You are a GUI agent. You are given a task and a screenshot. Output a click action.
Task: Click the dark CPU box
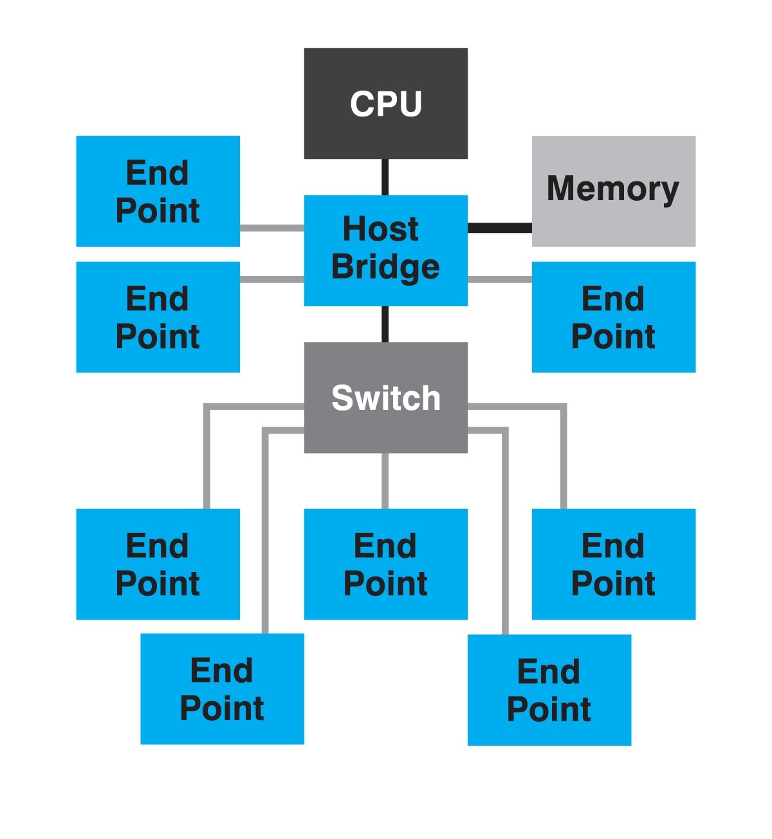(385, 103)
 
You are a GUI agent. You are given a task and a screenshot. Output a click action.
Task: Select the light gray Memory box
(613, 190)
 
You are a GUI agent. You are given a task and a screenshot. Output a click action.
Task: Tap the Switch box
(385, 398)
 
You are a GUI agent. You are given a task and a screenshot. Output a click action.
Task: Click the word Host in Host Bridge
(380, 229)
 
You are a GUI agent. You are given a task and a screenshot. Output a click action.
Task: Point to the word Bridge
(385, 267)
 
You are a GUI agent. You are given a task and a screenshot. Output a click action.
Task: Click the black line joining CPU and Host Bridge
(385, 177)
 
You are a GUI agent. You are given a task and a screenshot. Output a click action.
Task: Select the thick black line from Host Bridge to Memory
(499, 228)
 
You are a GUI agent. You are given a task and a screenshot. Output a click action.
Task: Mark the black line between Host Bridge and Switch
(385, 324)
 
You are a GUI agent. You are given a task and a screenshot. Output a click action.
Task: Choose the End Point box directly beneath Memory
(613, 317)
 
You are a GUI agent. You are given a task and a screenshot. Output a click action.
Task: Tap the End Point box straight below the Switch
(385, 564)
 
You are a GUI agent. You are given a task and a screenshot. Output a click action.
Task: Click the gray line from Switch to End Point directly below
(385, 481)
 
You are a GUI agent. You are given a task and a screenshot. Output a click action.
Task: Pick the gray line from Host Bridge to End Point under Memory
(499, 279)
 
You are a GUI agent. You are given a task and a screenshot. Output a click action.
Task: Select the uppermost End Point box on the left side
(158, 191)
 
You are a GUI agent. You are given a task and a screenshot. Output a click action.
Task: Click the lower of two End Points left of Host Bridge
(158, 317)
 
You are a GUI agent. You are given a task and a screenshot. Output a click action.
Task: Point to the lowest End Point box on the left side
(222, 688)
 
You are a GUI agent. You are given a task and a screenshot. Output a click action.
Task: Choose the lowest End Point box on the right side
(549, 690)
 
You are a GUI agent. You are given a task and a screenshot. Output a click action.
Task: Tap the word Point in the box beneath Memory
(613, 337)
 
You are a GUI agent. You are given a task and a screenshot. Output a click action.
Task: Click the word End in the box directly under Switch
(385, 546)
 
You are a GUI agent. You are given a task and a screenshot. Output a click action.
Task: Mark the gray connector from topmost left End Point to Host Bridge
(271, 228)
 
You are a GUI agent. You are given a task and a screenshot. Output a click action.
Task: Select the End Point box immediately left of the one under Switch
(158, 564)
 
